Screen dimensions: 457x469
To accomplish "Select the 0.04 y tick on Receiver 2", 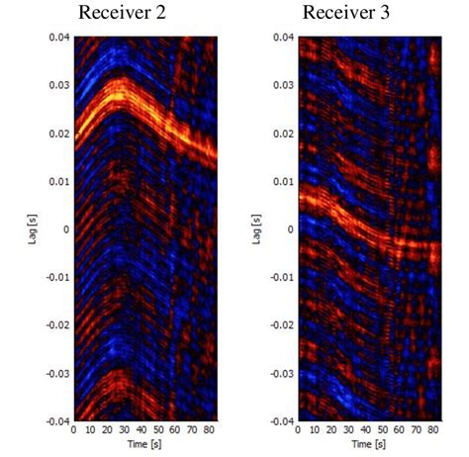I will (x=57, y=38).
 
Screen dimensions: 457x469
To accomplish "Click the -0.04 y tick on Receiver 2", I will (x=55, y=420).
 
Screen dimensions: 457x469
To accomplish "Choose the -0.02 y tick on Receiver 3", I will (x=281, y=325).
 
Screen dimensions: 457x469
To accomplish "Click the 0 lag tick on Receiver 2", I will (x=66, y=229).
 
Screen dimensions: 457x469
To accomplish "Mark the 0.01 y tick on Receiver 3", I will (x=283, y=182).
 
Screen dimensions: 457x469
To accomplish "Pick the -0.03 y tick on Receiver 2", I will (x=55, y=373).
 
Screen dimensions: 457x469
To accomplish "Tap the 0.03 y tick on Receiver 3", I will (x=283, y=86).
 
